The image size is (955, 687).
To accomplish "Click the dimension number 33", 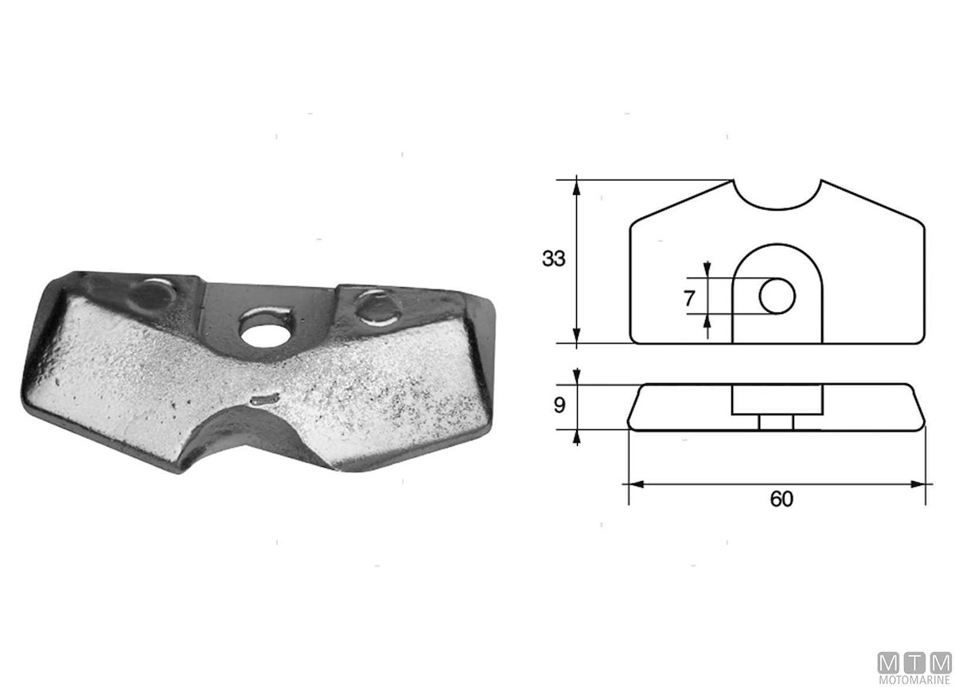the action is click(x=553, y=258).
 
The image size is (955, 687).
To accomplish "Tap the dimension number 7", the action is click(x=689, y=298).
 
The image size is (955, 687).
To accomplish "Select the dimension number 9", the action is click(x=559, y=405).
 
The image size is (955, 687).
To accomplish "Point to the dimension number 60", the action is click(x=782, y=499).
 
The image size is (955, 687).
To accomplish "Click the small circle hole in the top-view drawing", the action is click(x=777, y=296).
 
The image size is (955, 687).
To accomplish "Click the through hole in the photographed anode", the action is click(x=265, y=333).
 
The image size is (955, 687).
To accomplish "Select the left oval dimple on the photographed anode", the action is click(x=153, y=293).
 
